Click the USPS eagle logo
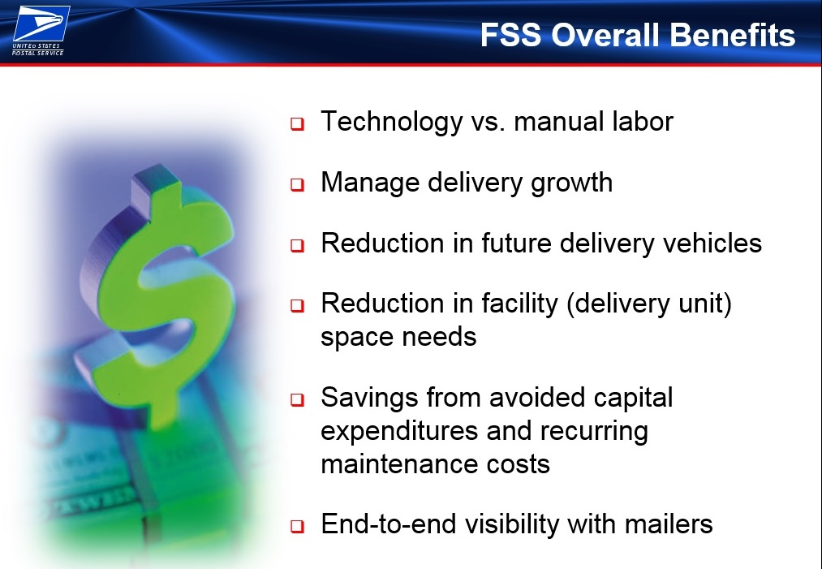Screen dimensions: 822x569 [x=41, y=23]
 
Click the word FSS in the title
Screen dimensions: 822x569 [x=510, y=35]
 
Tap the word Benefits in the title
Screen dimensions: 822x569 [x=733, y=35]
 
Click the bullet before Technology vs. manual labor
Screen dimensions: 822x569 [x=297, y=124]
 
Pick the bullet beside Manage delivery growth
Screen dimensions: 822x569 [x=297, y=184]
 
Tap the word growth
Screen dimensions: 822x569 [x=571, y=183]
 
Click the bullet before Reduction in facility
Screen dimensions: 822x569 [x=297, y=306]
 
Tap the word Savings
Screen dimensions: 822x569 [x=369, y=398]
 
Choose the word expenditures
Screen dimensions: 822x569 [x=399, y=432]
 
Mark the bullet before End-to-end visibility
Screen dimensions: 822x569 [x=297, y=526]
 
